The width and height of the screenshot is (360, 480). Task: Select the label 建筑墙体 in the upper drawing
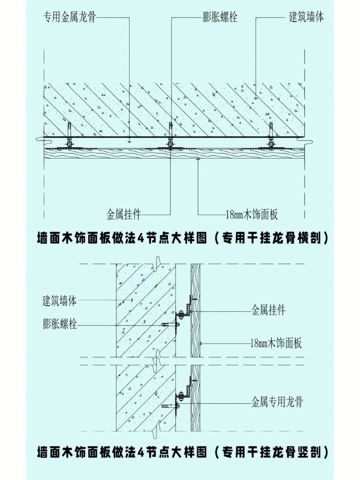pos(306,17)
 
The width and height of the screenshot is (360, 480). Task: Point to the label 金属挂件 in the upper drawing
pos(124,214)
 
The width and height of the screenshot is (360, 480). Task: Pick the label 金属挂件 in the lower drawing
pos(268,311)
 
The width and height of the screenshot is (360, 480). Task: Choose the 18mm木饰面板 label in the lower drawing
pos(276,343)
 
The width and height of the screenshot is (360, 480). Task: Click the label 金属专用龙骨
pos(277,402)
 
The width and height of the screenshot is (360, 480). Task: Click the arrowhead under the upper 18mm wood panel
pos(198,160)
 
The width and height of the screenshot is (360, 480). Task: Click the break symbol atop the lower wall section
pos(156,261)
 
